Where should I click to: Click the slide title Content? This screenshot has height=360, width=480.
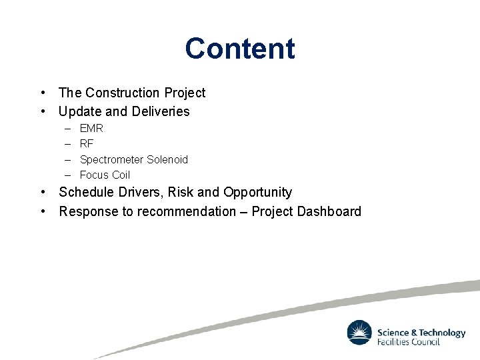pyautogui.click(x=240, y=49)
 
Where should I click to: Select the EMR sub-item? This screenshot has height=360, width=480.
pyautogui.click(x=91, y=128)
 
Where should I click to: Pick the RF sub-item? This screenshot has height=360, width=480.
pyautogui.click(x=87, y=143)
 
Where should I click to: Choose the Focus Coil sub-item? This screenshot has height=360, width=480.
pyautogui.click(x=105, y=175)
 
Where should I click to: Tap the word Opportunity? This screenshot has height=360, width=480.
pyautogui.click(x=257, y=193)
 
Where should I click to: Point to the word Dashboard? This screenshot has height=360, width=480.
pyautogui.click(x=329, y=212)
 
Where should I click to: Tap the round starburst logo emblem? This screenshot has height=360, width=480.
pyautogui.click(x=359, y=333)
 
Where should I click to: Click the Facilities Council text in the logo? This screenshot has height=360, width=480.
pyautogui.click(x=408, y=342)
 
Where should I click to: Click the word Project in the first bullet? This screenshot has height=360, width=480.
pyautogui.click(x=185, y=93)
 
